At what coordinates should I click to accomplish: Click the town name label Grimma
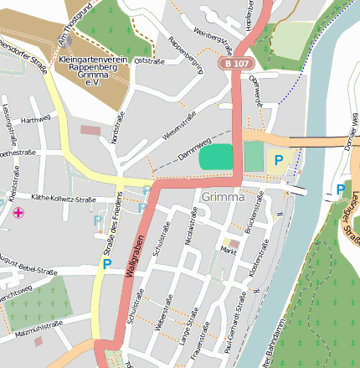pos(223,198)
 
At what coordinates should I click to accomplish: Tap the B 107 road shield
pos(237,64)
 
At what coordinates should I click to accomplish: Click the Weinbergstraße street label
pos(213,39)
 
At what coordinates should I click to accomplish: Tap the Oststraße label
pos(147,60)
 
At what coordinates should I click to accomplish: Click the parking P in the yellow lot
pos(278,159)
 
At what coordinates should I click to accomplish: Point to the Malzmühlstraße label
pos(39,334)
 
